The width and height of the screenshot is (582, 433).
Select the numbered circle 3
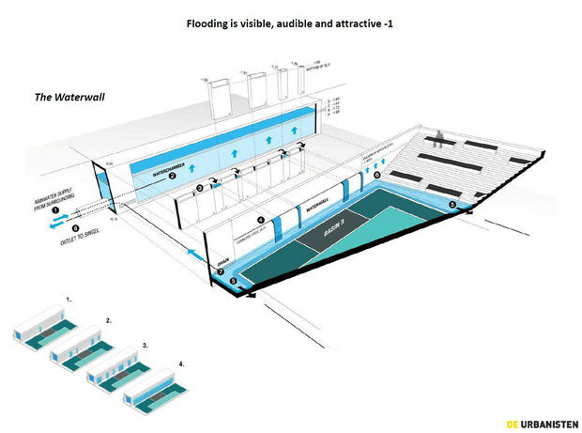[199, 189]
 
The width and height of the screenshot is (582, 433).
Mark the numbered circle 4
[260, 221]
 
